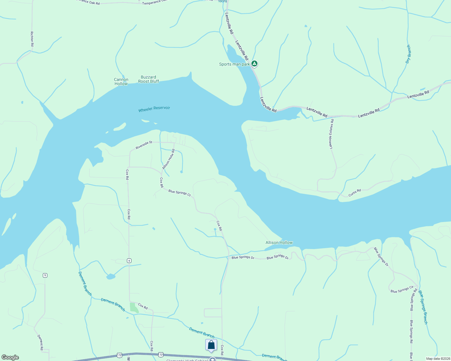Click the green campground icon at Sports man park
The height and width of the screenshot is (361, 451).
[254, 63]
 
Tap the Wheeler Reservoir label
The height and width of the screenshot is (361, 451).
[154, 109]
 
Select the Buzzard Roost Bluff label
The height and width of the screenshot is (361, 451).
[148, 79]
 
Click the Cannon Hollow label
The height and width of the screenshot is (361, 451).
[121, 82]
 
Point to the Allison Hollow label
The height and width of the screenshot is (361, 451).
[279, 242]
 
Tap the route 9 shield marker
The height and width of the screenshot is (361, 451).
[129, 261]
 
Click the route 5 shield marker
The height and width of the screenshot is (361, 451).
[45, 275]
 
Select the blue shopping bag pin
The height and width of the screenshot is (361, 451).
[211, 345]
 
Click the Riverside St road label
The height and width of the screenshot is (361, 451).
[144, 145]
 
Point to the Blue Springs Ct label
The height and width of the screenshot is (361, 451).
[179, 193]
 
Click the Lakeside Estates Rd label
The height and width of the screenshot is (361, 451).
[331, 134]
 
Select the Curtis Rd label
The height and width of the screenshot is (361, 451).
[355, 193]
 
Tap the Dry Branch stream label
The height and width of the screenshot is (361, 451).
[408, 54]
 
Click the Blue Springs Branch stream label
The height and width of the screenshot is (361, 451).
[423, 307]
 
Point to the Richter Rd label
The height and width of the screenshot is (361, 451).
[32, 39]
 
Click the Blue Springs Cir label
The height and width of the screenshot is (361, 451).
[402, 289]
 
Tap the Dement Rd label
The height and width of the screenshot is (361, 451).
[40, 342]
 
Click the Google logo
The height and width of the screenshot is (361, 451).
[10, 357]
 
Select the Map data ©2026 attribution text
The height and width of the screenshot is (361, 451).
[438, 359]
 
